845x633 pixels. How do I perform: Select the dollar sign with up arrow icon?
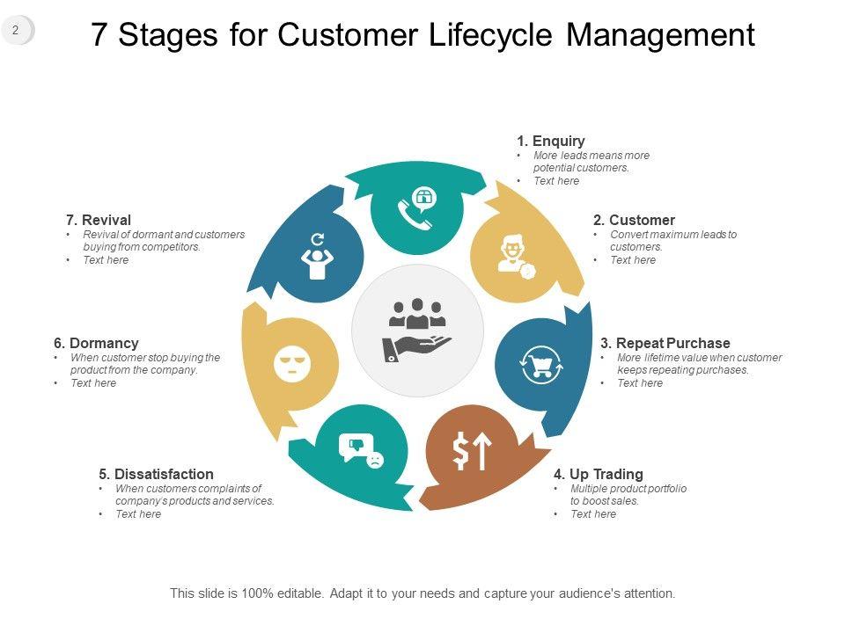[471, 452]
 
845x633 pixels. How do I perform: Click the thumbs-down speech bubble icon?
[362, 449]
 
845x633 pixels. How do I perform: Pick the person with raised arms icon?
[318, 257]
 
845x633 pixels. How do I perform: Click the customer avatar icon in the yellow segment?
[514, 255]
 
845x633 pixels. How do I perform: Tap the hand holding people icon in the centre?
[417, 330]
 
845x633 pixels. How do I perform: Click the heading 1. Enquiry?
[550, 141]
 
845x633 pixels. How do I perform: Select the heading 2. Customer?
[634, 220]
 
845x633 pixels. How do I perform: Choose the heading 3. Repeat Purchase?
[665, 343]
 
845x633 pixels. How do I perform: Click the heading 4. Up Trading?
[598, 475]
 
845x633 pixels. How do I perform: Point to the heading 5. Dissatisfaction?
[156, 475]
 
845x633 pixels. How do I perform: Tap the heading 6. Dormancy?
[96, 343]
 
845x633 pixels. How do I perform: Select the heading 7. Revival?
[99, 220]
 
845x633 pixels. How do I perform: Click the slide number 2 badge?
[16, 31]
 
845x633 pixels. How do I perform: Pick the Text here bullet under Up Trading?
[593, 514]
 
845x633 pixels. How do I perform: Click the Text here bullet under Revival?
[106, 260]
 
